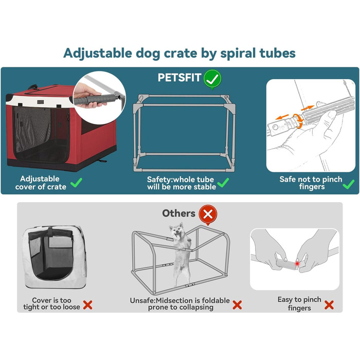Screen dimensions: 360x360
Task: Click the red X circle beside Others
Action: click(207, 213)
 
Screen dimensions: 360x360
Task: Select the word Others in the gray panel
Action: click(178, 213)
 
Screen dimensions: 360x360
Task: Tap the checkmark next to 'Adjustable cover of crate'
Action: click(77, 183)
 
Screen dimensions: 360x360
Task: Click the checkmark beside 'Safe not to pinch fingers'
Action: click(348, 183)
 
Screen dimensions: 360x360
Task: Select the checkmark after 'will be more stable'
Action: click(223, 183)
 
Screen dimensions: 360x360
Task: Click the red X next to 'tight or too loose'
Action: click(88, 304)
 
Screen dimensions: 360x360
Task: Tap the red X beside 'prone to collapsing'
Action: click(237, 304)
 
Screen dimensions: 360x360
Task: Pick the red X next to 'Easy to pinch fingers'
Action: click(329, 304)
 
